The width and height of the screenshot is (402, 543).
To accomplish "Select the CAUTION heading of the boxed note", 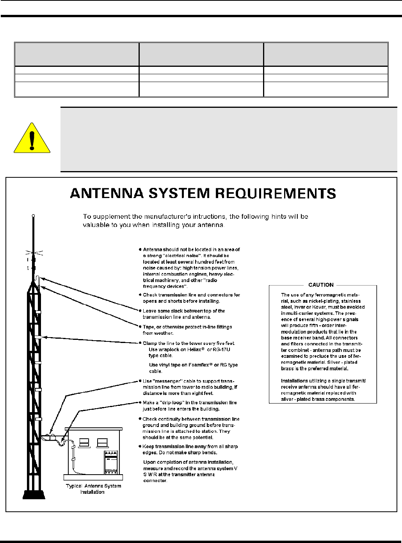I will tap(321, 285).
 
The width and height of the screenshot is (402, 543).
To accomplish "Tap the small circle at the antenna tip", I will tap(34, 216).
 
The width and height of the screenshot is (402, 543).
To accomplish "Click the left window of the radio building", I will tap(84, 443).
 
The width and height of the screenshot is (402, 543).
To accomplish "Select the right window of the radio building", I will tap(102, 443).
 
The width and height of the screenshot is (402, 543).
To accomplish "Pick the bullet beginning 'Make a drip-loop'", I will tap(190, 405).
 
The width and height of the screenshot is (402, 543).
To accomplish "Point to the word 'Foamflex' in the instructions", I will tap(194, 365).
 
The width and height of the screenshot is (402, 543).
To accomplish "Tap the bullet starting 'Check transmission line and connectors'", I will tap(191, 298).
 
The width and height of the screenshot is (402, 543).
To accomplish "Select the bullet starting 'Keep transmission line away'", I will tap(190, 449).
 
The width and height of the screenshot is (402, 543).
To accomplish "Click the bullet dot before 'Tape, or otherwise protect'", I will tap(140, 327).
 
